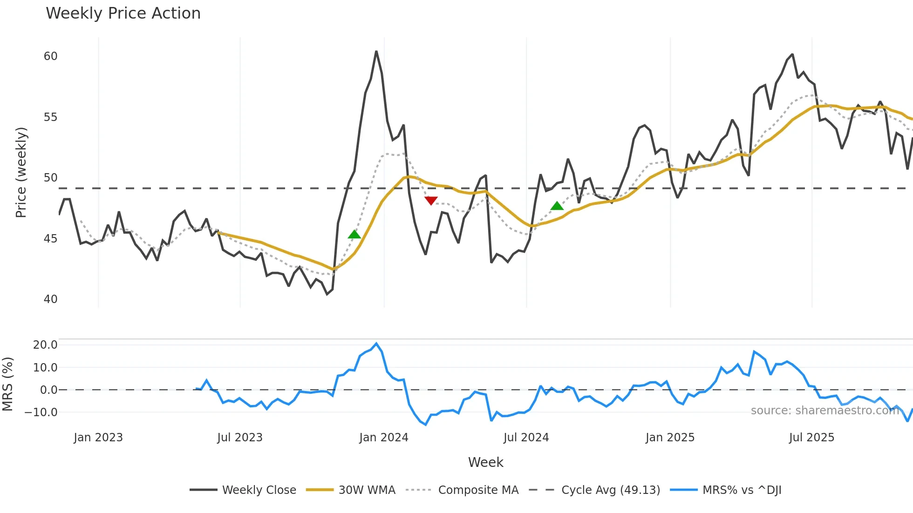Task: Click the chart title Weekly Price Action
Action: click(123, 13)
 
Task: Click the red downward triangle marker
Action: click(431, 200)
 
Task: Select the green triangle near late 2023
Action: click(354, 234)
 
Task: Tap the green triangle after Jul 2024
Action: click(557, 206)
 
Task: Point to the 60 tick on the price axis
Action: click(50, 56)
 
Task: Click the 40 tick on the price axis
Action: click(50, 299)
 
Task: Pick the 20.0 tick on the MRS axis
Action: click(45, 345)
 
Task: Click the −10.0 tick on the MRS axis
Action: click(41, 412)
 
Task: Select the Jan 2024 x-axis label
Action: click(383, 438)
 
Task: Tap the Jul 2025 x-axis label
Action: click(811, 438)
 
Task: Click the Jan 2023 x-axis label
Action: click(98, 438)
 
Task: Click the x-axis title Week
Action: click(485, 462)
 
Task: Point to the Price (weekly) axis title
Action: click(21, 172)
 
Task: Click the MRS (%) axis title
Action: click(8, 384)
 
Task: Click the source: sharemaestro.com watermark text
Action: click(824, 411)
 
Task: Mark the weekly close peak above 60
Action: click(376, 51)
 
